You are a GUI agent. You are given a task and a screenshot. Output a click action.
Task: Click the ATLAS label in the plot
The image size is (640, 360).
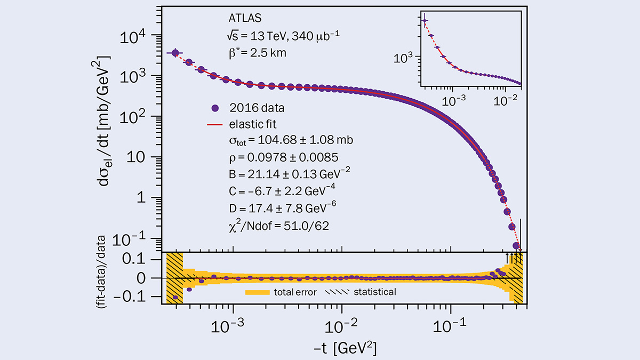tap(241, 19)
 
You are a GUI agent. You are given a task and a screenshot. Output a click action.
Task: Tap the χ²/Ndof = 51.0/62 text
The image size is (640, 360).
tap(275, 226)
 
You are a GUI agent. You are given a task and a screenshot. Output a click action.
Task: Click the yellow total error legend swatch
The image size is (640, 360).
tap(258, 292)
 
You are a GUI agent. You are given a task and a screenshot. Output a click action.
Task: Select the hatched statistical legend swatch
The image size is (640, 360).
tap(337, 292)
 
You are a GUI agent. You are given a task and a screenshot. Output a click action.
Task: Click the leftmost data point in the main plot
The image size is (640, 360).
tap(175, 53)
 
